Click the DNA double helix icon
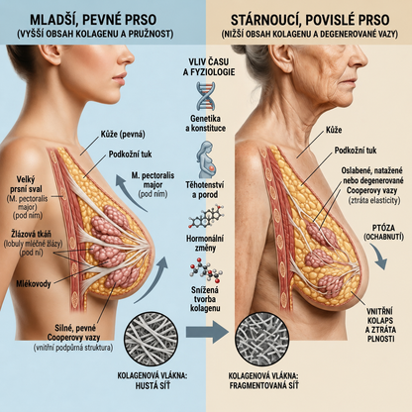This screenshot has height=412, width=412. pos(207,96)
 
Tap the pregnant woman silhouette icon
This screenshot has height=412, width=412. pos(206,159)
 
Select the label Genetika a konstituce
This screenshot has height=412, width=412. pos(206,124)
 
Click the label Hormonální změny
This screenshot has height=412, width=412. pos(205,243)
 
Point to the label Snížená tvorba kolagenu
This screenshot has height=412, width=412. pos(205,299)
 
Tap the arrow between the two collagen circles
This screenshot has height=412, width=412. pos(207,332)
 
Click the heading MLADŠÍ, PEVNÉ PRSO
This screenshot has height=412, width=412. pos(93,20)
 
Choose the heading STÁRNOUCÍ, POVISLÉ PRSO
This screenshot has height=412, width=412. pos(310,20)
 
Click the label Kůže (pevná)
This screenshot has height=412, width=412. pos(123,135)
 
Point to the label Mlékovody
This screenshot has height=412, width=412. pos(34,284)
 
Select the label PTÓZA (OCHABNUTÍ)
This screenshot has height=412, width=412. pos(383,232)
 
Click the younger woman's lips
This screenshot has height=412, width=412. pos(119,79)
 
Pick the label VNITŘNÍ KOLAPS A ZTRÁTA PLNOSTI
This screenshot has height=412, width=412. pos(380,325)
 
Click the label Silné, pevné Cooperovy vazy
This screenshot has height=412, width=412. pos(73,333)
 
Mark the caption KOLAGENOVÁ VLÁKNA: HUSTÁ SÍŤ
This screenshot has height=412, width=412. pos(153,380)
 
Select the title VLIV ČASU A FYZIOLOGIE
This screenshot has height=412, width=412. pos(209,67)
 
